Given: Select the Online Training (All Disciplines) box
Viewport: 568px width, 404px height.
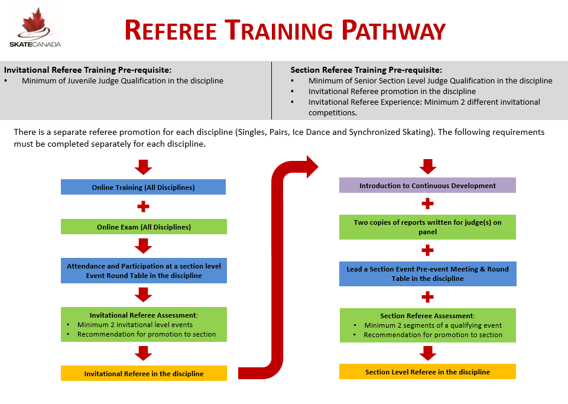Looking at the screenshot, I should (x=143, y=188).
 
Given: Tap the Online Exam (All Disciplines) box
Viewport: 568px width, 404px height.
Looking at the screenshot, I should (x=144, y=227).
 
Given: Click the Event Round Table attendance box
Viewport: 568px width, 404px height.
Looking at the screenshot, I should (x=144, y=270).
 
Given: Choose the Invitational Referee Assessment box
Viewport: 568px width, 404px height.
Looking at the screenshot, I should (x=144, y=324).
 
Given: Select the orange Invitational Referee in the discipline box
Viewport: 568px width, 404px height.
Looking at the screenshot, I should (x=144, y=373).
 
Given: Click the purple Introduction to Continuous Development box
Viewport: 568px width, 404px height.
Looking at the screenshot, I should (x=427, y=185).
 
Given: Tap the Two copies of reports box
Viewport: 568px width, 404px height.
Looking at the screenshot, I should (x=427, y=227).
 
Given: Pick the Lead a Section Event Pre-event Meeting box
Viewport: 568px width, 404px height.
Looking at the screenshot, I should (x=427, y=274).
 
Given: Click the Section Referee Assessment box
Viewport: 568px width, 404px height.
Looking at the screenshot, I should (x=427, y=325).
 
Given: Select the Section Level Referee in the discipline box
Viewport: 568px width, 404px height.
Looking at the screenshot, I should (x=427, y=371).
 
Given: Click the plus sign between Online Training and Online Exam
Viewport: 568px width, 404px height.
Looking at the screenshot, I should (x=143, y=207).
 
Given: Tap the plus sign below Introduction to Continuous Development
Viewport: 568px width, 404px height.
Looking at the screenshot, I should (x=427, y=204).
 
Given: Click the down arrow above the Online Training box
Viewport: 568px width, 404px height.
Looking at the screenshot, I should (x=143, y=167).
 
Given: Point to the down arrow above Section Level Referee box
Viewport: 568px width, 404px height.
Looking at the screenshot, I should (x=427, y=353).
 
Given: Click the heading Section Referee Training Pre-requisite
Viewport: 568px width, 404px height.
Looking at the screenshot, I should (x=366, y=70).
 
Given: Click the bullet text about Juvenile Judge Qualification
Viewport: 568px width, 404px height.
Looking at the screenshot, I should (x=122, y=80).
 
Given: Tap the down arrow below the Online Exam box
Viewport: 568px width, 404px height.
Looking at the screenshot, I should (x=143, y=245).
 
